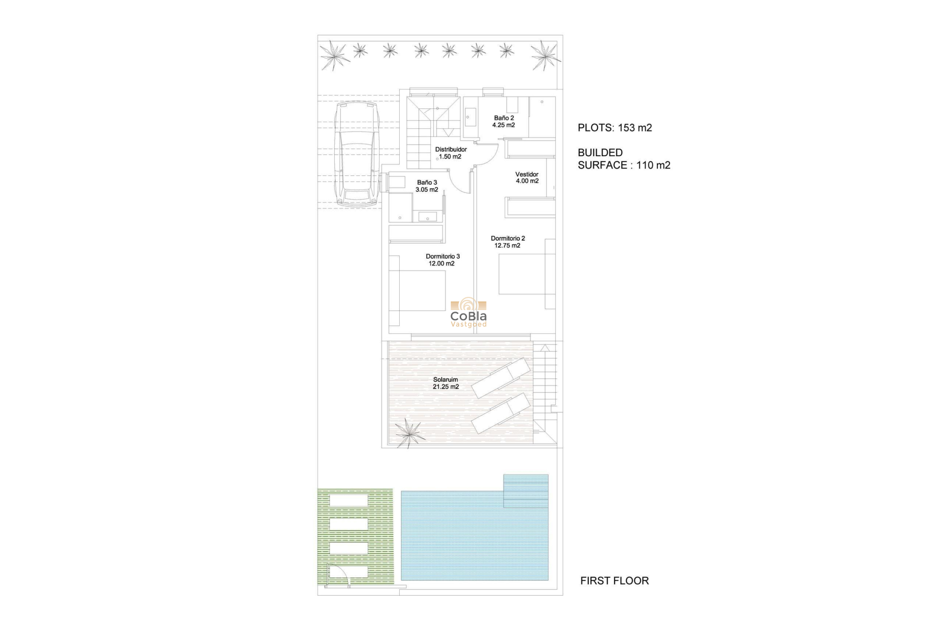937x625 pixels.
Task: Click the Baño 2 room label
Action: coord(504,118)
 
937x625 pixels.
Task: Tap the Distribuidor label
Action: coord(451,149)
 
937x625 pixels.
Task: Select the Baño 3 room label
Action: coord(427,183)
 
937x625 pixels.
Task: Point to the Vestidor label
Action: coord(527,174)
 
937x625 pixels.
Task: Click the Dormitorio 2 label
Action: coord(508,239)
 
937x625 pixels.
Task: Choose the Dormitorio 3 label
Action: coord(443,256)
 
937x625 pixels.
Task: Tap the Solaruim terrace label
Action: coord(446,379)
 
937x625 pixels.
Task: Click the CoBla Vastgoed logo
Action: coord(468,313)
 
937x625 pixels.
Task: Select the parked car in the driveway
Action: coord(357,153)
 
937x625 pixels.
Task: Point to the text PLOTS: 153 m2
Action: coord(615,128)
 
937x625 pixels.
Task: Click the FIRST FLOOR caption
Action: coord(614,581)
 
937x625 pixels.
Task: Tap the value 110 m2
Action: coord(653,166)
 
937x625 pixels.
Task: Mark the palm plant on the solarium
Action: coord(409,433)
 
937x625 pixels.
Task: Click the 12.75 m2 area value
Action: coord(508,246)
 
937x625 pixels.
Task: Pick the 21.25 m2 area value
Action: coord(446,387)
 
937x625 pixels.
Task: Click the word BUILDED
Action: coord(600,153)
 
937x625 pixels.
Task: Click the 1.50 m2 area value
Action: coord(450,157)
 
